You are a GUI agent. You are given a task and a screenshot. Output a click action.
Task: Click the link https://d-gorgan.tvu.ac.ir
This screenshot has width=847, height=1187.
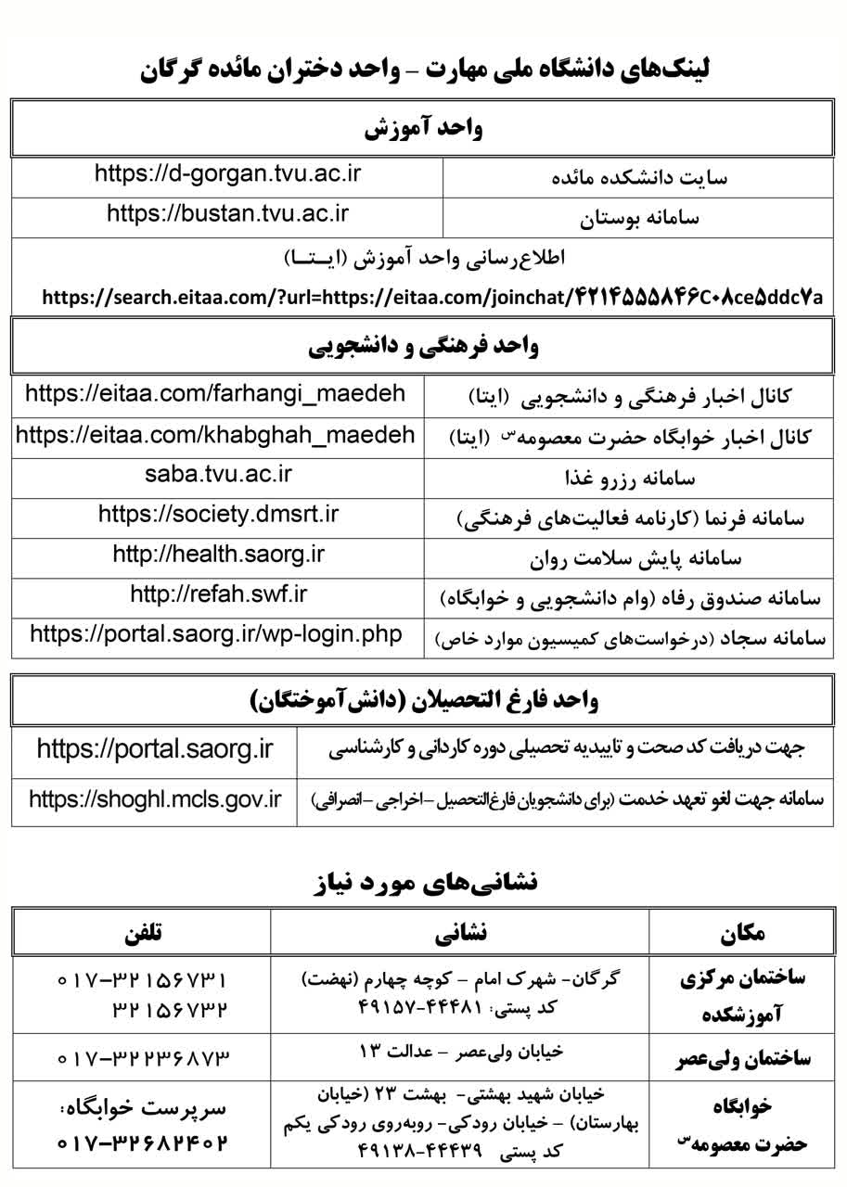pos(227,173)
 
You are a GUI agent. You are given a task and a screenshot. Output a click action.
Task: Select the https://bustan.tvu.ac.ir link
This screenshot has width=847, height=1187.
pos(227,213)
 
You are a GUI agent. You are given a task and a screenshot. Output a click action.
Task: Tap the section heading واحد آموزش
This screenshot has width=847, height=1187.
pos(423,128)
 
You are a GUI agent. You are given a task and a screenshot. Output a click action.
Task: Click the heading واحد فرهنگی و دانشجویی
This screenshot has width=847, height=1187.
pos(423,347)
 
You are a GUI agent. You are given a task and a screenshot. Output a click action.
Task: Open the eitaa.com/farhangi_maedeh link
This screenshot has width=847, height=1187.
pos(215,393)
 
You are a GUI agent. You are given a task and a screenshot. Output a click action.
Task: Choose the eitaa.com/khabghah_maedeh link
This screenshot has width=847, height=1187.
pos(215,434)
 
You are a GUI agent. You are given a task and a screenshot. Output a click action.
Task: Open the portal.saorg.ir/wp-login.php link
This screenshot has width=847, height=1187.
pos(216,634)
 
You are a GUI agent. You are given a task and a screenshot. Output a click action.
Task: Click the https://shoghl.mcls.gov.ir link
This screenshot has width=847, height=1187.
pos(155,798)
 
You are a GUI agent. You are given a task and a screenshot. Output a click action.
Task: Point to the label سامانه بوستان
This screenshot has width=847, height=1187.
pos(640,220)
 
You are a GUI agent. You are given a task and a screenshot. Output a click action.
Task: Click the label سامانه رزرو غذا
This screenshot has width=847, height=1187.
pos(630,479)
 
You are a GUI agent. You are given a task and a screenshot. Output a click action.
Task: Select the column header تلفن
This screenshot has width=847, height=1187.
pos(142,932)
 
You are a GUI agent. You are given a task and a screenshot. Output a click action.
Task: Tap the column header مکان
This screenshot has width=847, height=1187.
pos(742,932)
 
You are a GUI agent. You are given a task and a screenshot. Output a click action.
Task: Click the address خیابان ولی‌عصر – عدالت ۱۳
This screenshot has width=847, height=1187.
pos(461,1053)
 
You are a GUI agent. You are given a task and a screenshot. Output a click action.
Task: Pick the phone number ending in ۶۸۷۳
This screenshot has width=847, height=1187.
pos(142,1057)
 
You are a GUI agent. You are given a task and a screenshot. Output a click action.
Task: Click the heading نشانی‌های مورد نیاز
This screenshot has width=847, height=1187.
pos(424,882)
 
